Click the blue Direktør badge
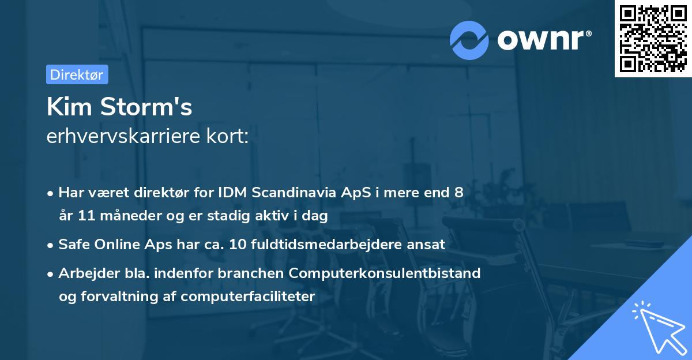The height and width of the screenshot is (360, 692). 77,74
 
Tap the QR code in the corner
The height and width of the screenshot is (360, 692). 653,39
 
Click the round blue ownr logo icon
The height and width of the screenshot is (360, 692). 469,40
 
